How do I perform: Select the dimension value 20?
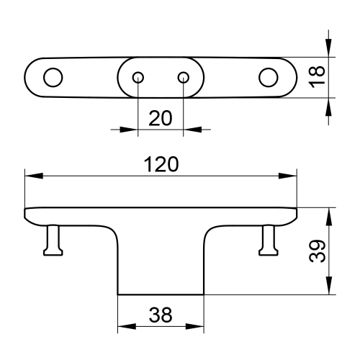(160, 118)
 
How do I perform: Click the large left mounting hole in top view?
(53, 77)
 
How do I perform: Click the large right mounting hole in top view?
(269, 77)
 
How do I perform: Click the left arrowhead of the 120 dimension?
(30, 176)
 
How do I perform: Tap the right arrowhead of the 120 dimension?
(291, 176)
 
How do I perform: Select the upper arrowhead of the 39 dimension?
(329, 213)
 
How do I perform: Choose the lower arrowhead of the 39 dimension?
(329, 289)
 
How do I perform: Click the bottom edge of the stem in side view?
(161, 294)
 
